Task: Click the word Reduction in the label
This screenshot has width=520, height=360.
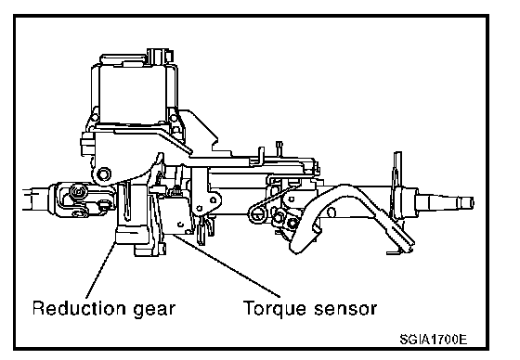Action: pos(79,308)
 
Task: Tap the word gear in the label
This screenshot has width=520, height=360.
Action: pos(154,310)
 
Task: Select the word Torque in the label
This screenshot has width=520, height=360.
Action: pos(274,309)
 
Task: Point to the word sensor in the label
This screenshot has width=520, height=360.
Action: pos(344,309)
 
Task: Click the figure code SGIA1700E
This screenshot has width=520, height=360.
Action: pos(433,340)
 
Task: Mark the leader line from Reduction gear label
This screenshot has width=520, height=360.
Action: pos(101,270)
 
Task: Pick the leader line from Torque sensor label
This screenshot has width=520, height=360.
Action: pos(226,265)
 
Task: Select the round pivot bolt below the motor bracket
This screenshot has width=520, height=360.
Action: pos(104,174)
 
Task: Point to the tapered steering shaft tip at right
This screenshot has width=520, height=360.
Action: pos(445,202)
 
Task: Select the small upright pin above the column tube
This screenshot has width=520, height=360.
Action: pos(279,148)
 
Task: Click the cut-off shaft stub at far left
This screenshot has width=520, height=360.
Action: pos(36,199)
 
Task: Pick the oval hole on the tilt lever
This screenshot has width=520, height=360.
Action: pos(331,212)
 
